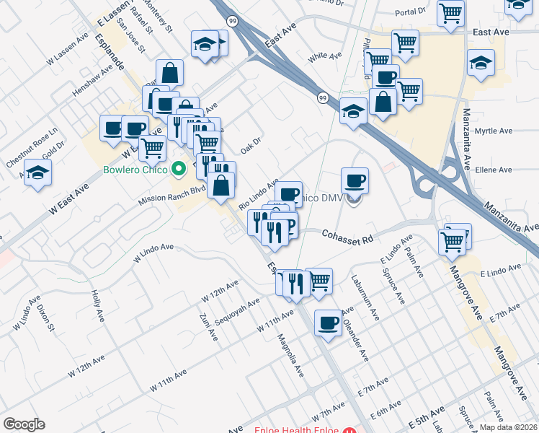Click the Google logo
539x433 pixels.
[x=24, y=424]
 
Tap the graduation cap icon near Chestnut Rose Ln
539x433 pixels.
[x=37, y=173]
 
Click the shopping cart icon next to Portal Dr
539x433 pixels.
[x=451, y=12]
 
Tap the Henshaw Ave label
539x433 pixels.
[x=93, y=83]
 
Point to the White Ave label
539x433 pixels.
[x=324, y=56]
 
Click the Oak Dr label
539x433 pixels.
[x=250, y=145]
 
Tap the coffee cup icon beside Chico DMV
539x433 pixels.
[x=355, y=180]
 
